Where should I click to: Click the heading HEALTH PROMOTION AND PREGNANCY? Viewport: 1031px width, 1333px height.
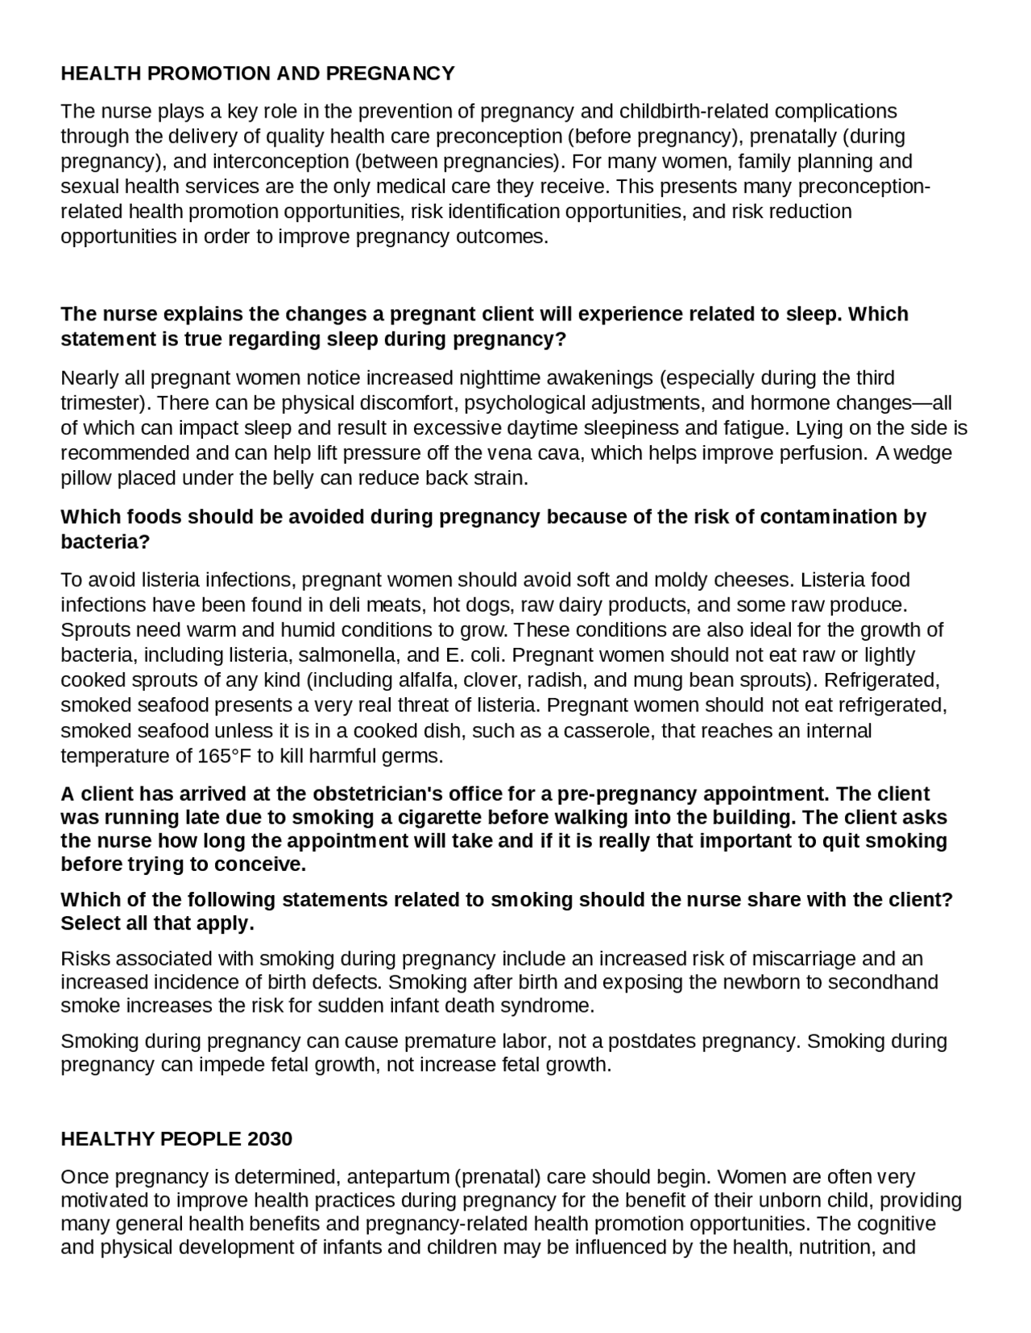258,74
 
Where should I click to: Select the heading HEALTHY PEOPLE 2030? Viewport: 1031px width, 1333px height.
176,1139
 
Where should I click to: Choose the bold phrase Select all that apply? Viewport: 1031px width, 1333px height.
158,923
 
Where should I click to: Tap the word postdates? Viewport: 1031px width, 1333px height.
652,1041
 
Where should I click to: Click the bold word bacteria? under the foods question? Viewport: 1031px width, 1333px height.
106,542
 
